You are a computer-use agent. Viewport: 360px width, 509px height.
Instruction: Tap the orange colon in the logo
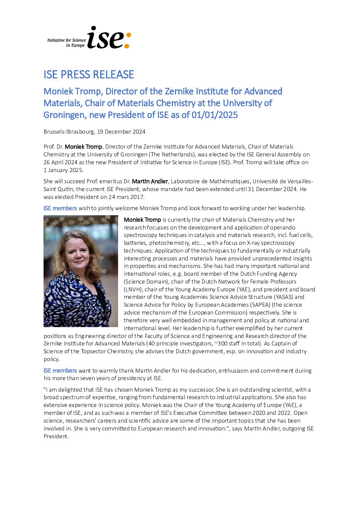tap(128, 40)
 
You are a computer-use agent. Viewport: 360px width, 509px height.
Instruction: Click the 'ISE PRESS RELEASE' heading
tap(89, 74)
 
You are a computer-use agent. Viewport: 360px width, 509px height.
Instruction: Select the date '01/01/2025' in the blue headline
tap(214, 115)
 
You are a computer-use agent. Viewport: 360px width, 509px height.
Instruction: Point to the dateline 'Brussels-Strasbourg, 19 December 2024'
tap(94, 132)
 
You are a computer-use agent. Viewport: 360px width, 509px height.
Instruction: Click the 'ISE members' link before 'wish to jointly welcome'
tap(60, 208)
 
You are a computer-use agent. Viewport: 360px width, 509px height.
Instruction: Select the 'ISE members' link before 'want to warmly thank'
tap(60, 371)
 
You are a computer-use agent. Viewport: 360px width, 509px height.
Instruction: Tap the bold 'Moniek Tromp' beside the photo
tap(142, 220)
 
